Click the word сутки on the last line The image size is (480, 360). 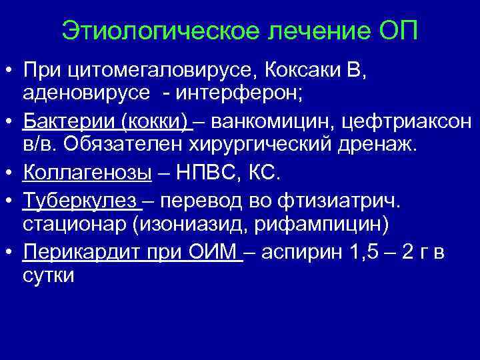pyautogui.click(x=49, y=275)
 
